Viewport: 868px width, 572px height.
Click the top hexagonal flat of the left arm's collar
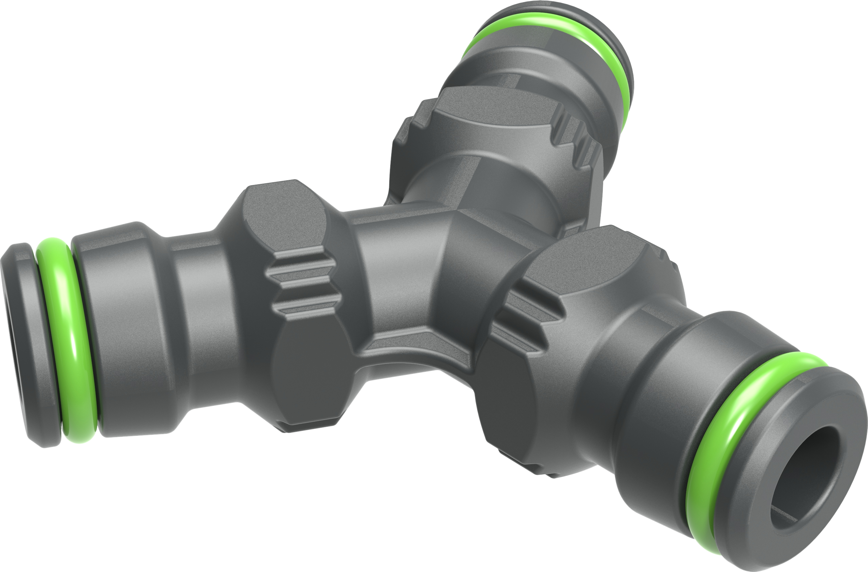pyautogui.click(x=285, y=215)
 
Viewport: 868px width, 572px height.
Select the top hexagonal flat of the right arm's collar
pyautogui.click(x=591, y=263)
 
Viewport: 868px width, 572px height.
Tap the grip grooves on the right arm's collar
pyautogui.click(x=525, y=317)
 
